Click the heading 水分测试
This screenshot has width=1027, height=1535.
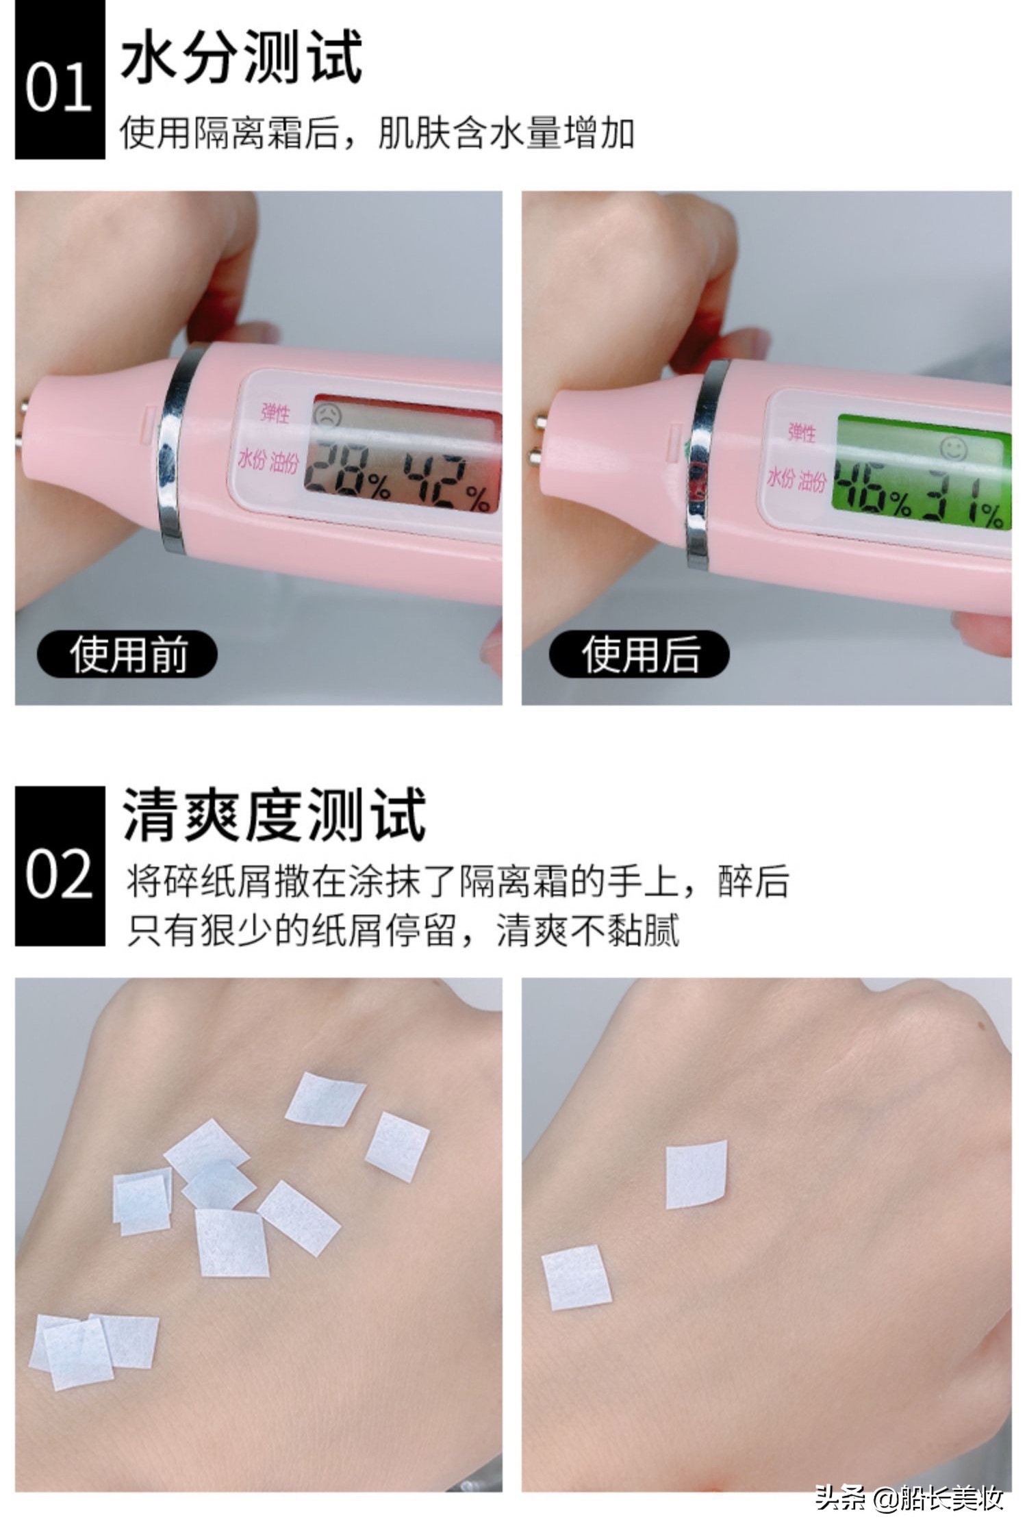[x=241, y=58]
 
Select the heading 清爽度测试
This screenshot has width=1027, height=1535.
[x=274, y=815]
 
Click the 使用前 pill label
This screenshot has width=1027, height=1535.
[x=127, y=655]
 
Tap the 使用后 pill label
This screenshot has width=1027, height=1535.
[x=639, y=655]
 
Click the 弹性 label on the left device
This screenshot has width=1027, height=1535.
[x=276, y=414]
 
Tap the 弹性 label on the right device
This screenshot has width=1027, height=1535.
[x=801, y=432]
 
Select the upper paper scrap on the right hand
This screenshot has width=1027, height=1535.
[x=695, y=1174]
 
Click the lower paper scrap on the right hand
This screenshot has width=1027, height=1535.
[x=576, y=1278]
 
